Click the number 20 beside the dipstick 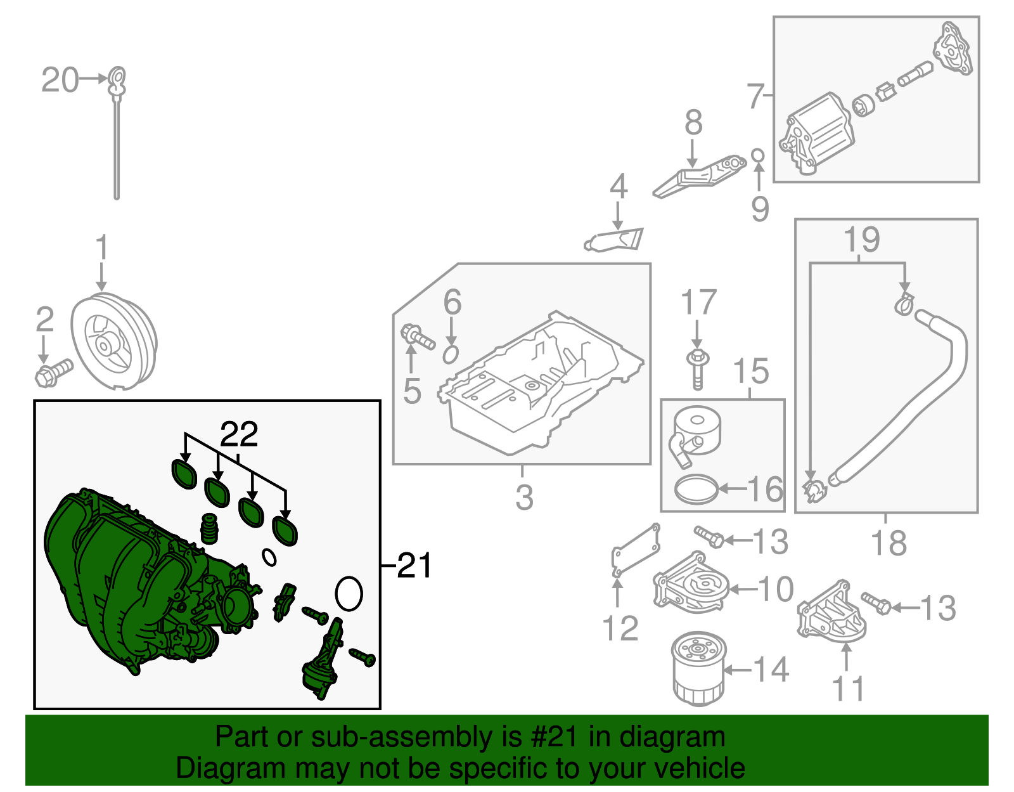[60, 81]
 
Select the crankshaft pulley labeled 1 [113, 342]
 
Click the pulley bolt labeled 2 [53, 372]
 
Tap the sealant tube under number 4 [613, 240]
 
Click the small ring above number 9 [758, 155]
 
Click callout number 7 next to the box [754, 96]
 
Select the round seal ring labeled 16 [696, 490]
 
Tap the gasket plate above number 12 [634, 550]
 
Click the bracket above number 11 [830, 612]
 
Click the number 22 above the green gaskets [239, 434]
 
